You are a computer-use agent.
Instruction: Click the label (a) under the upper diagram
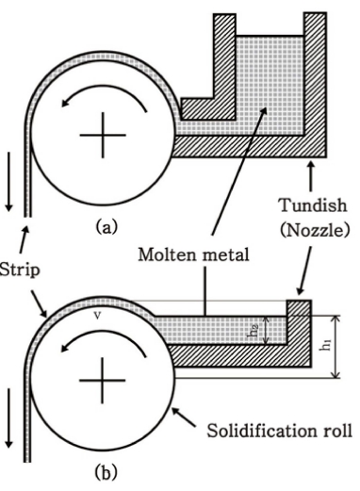[106, 227]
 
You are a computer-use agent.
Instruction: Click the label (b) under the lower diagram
[106, 472]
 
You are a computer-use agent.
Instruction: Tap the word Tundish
[314, 205]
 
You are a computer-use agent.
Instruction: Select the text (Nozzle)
[315, 231]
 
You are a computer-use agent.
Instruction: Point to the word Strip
[20, 270]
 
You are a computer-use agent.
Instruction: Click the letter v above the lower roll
[98, 316]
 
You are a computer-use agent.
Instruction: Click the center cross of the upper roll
[103, 135]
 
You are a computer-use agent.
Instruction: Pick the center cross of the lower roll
[103, 381]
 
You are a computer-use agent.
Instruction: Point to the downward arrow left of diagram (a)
[8, 182]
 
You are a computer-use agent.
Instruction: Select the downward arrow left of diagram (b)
[8, 417]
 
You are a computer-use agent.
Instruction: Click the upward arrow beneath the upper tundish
[311, 176]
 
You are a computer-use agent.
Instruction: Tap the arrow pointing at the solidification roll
[184, 417]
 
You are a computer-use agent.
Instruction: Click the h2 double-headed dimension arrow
[266, 330]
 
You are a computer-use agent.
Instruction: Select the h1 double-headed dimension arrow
[336, 347]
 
